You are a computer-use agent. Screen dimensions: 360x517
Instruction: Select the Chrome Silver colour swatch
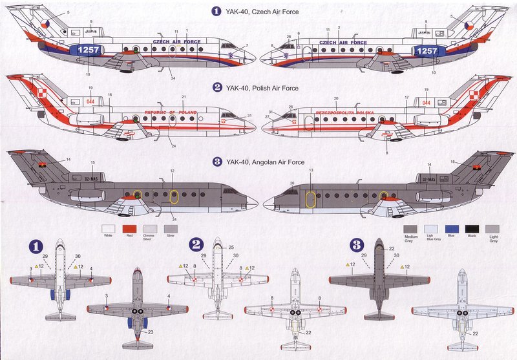pos(150,228)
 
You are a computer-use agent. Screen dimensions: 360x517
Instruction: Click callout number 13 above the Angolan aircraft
pos(311,171)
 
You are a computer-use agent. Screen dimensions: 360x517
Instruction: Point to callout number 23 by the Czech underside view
pos(150,332)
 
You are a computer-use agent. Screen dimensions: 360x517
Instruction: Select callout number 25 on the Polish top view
pos(230,247)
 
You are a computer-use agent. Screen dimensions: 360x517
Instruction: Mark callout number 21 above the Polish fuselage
pos(184,98)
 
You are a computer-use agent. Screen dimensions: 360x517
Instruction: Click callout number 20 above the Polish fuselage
pos(335,99)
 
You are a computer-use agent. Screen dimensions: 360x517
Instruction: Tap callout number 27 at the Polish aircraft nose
pos(266,117)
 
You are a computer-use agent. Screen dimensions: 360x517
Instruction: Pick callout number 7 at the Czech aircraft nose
pos(246,45)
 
